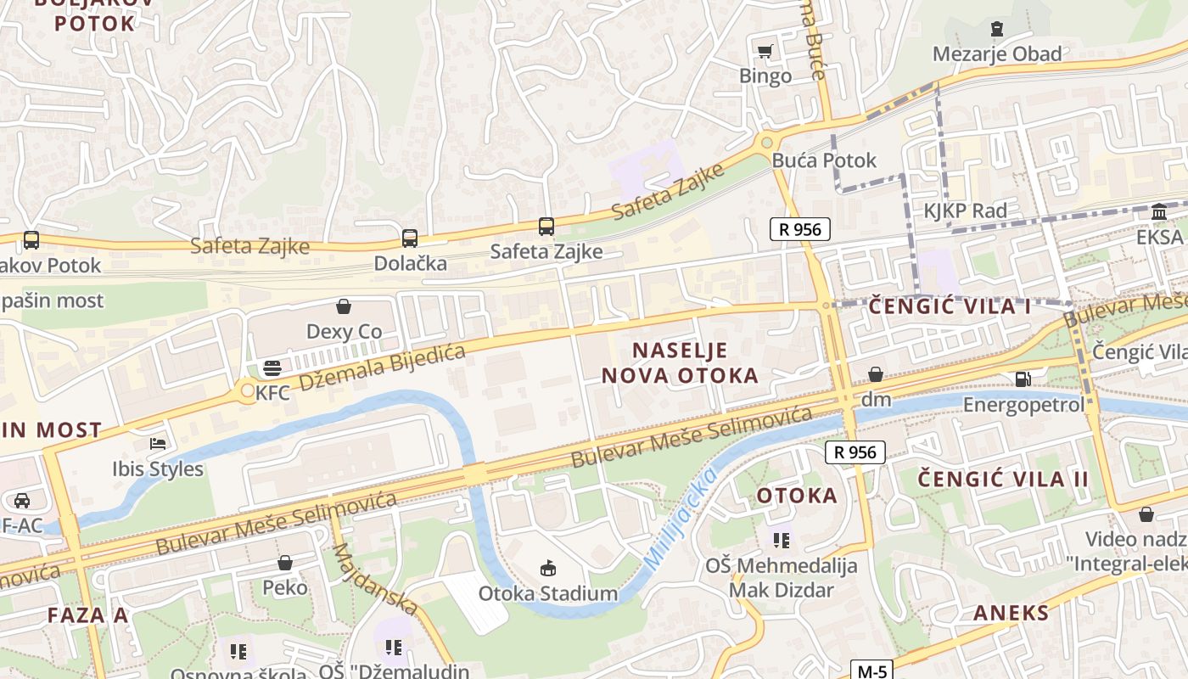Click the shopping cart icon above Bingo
tap(765, 51)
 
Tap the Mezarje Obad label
tap(997, 54)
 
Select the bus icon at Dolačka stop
tap(410, 238)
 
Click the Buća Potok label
tap(824, 160)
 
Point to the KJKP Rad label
tap(966, 211)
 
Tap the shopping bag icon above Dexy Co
tap(344, 306)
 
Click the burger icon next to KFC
tap(272, 368)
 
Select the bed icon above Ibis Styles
tap(158, 443)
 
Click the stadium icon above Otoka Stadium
tap(547, 569)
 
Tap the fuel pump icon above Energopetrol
tap(1023, 379)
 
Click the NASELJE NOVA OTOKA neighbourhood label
tap(680, 362)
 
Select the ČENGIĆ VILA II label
tap(1003, 479)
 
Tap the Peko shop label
tap(284, 587)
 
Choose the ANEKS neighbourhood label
tap(1011, 613)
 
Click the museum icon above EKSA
tap(1159, 211)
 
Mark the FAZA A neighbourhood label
tap(87, 614)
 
